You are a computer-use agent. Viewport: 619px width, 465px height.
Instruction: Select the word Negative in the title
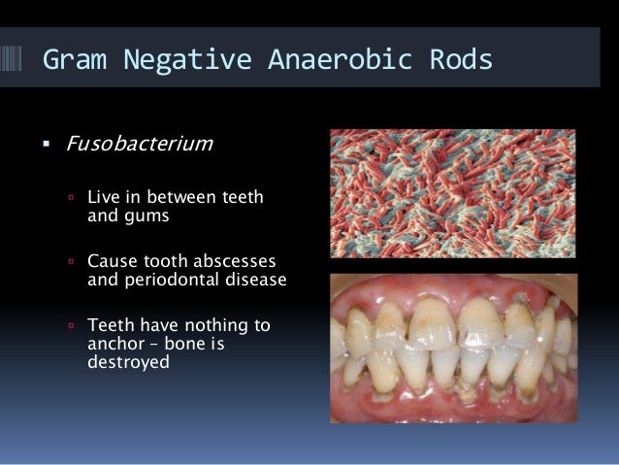coord(174,59)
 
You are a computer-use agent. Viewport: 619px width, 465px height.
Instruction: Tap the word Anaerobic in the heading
coord(325,59)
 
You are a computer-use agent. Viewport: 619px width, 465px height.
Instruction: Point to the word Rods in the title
coord(456,59)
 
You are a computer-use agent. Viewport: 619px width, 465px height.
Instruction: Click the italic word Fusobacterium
coord(138,145)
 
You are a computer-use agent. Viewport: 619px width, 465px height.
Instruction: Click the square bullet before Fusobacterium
coord(46,146)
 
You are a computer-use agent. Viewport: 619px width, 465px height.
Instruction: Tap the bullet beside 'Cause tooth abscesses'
coord(72,263)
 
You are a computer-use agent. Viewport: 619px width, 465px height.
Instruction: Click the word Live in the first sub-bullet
coord(103,198)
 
